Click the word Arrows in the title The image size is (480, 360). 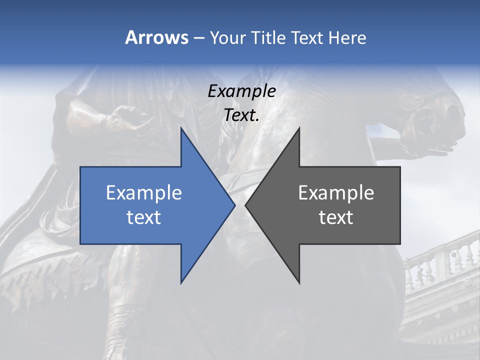156,37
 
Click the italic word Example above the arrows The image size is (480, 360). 241,91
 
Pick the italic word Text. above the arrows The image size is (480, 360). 241,115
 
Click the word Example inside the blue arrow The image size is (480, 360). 144,192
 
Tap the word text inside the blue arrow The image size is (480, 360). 144,217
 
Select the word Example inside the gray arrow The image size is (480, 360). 336,192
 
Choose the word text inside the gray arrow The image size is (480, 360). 336,217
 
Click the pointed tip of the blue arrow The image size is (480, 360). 235,205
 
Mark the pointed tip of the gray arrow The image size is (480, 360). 245,205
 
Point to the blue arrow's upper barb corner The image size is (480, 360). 181,128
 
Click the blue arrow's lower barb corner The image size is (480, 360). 181,283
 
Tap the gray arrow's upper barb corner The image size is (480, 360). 299,128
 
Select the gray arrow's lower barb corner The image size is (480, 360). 299,283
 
